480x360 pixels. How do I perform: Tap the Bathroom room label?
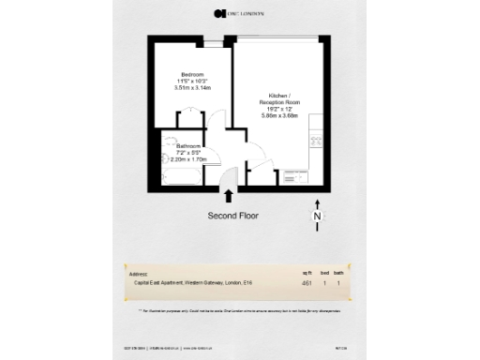(x=188, y=146)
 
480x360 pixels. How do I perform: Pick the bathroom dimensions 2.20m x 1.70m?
(x=188, y=160)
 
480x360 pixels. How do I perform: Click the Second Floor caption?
(x=233, y=215)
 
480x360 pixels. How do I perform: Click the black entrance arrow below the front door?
(x=229, y=194)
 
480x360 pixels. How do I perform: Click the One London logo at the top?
(x=239, y=12)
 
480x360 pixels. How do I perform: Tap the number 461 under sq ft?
(x=307, y=282)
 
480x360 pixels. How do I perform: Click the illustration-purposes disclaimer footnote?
(x=239, y=309)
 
